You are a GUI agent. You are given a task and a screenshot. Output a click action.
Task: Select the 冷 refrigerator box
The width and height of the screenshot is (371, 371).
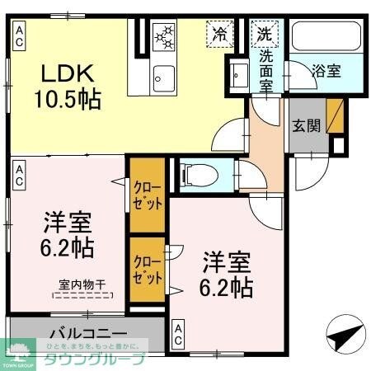[x=219, y=35]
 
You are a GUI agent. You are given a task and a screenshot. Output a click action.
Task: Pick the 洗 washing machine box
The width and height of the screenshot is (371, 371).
[x=265, y=35]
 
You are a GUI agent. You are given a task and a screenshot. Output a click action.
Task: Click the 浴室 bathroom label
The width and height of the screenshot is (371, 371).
[x=324, y=71]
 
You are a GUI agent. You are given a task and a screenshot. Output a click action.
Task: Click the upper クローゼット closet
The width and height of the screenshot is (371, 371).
[x=148, y=194]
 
